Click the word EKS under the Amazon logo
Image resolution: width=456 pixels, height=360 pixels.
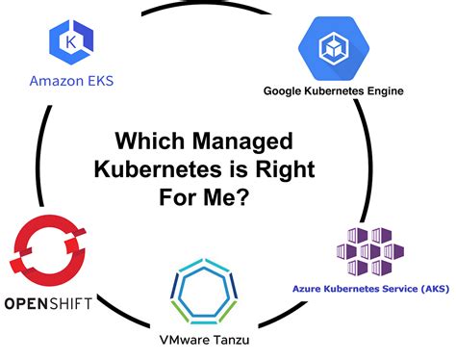tap(97, 81)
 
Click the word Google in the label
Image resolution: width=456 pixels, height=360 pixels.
tap(287, 92)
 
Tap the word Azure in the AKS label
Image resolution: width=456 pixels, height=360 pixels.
tap(309, 288)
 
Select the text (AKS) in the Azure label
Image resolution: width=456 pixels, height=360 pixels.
tap(427, 288)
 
